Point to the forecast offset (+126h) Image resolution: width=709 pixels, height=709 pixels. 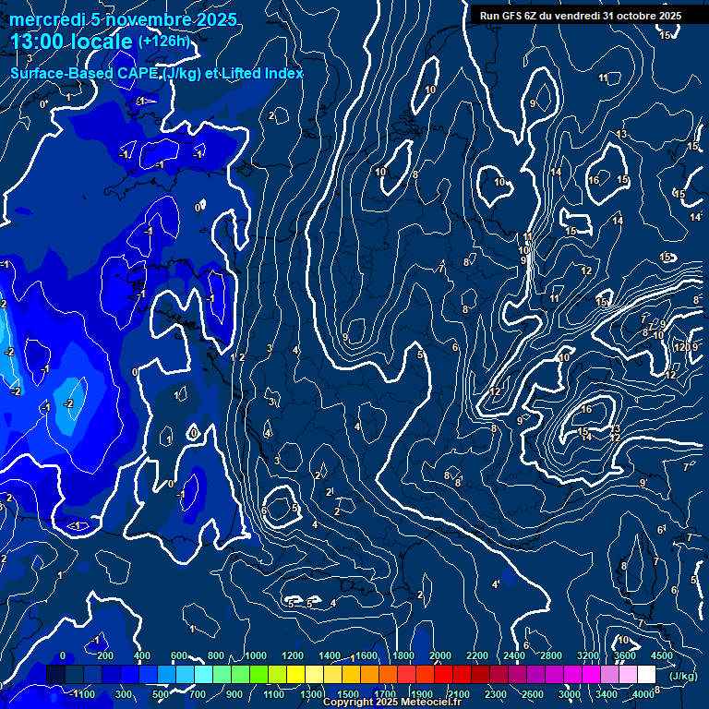164,41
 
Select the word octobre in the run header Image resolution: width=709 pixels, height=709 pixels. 629,15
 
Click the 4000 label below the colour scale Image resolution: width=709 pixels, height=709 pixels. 644,693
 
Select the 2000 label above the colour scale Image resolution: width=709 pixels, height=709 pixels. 440,655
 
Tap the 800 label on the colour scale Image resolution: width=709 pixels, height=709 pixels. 217,655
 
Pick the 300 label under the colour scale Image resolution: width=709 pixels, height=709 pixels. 123,693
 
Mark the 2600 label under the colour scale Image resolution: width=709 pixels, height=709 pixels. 533,693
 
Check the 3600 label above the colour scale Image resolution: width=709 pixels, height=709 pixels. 625,655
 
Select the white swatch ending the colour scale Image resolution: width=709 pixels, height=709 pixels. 646,675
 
